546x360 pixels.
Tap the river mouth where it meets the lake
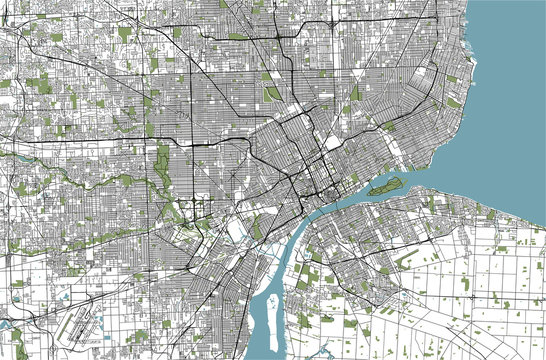(x=440, y=165)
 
